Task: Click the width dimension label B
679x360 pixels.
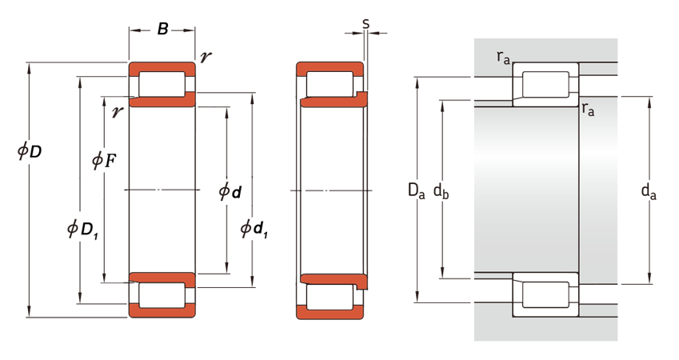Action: pyautogui.click(x=162, y=29)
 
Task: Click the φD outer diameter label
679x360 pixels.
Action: pyautogui.click(x=30, y=151)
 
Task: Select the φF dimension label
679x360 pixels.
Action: pyautogui.click(x=104, y=161)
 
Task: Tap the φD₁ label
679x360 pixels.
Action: pyautogui.click(x=82, y=229)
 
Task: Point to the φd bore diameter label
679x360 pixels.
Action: pyautogui.click(x=230, y=191)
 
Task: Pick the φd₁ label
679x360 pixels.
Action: pyautogui.click(x=254, y=229)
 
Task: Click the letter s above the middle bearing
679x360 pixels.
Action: pyautogui.click(x=366, y=24)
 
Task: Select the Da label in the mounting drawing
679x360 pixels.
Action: pyautogui.click(x=416, y=190)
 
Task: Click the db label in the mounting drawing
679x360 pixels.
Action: pyautogui.click(x=441, y=190)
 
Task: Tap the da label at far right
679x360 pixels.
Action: pyautogui.click(x=649, y=191)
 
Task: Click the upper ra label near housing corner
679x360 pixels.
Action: pyautogui.click(x=503, y=57)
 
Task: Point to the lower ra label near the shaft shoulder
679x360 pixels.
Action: pyautogui.click(x=588, y=109)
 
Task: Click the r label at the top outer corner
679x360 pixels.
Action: pyautogui.click(x=206, y=56)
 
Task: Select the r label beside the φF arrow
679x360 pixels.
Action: pyautogui.click(x=117, y=112)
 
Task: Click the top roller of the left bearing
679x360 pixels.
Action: pyautogui.click(x=162, y=84)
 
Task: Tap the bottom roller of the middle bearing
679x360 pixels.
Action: pyautogui.click(x=330, y=297)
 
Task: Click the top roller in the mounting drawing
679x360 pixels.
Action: pyautogui.click(x=545, y=85)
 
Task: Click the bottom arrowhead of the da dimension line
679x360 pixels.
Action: pyautogui.click(x=649, y=278)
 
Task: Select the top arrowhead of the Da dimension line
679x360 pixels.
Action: pyautogui.click(x=417, y=82)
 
